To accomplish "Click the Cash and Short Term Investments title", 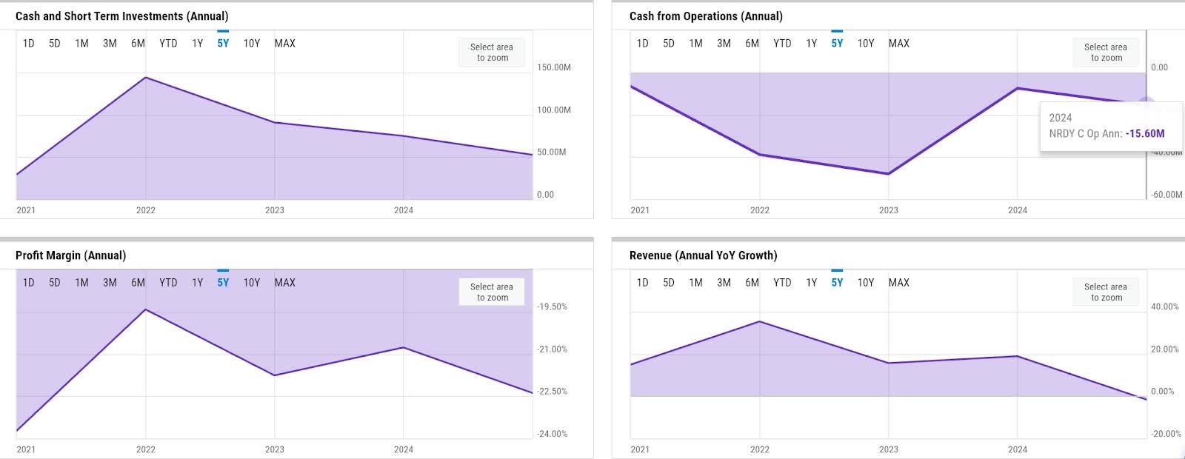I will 121,16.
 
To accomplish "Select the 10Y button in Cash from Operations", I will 866,44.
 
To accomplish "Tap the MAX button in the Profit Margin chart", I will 284,283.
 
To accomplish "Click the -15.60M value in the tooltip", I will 1144,134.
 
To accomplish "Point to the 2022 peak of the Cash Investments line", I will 146,77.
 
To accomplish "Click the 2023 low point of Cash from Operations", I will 888,174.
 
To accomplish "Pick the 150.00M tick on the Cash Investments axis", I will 553,67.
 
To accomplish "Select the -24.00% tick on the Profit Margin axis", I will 553,434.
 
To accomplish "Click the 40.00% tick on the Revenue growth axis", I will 1164,306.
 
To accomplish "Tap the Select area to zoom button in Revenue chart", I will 1105,292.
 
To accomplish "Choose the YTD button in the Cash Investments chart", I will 168,44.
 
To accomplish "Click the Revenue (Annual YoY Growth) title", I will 703,255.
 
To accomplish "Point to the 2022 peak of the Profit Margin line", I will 146,309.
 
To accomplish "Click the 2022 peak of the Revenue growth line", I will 759,321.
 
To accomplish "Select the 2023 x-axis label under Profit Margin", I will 274,449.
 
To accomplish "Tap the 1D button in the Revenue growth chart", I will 642,283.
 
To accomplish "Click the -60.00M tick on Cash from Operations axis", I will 1166,195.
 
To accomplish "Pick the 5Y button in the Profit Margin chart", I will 223,283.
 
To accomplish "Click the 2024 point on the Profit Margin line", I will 403,347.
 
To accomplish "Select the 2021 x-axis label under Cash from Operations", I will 640,210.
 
